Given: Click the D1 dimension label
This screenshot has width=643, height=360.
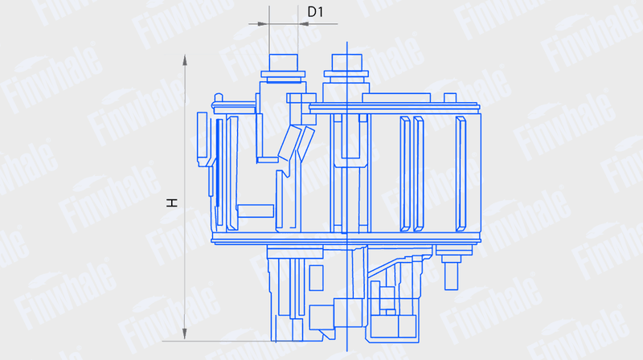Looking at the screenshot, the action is (315, 12).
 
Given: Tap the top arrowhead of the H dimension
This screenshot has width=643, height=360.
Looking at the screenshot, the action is (185, 59).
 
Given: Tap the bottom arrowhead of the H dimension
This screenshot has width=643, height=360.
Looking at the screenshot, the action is (185, 334).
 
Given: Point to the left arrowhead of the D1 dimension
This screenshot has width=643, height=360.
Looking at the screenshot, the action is (263, 24).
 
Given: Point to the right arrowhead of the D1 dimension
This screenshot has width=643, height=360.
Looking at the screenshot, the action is (304, 24).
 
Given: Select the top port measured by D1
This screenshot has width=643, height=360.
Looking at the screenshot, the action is (284, 63).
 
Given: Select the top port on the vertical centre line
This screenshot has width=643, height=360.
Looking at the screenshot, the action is (347, 63).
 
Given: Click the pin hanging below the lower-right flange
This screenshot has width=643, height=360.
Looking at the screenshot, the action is (451, 276).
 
